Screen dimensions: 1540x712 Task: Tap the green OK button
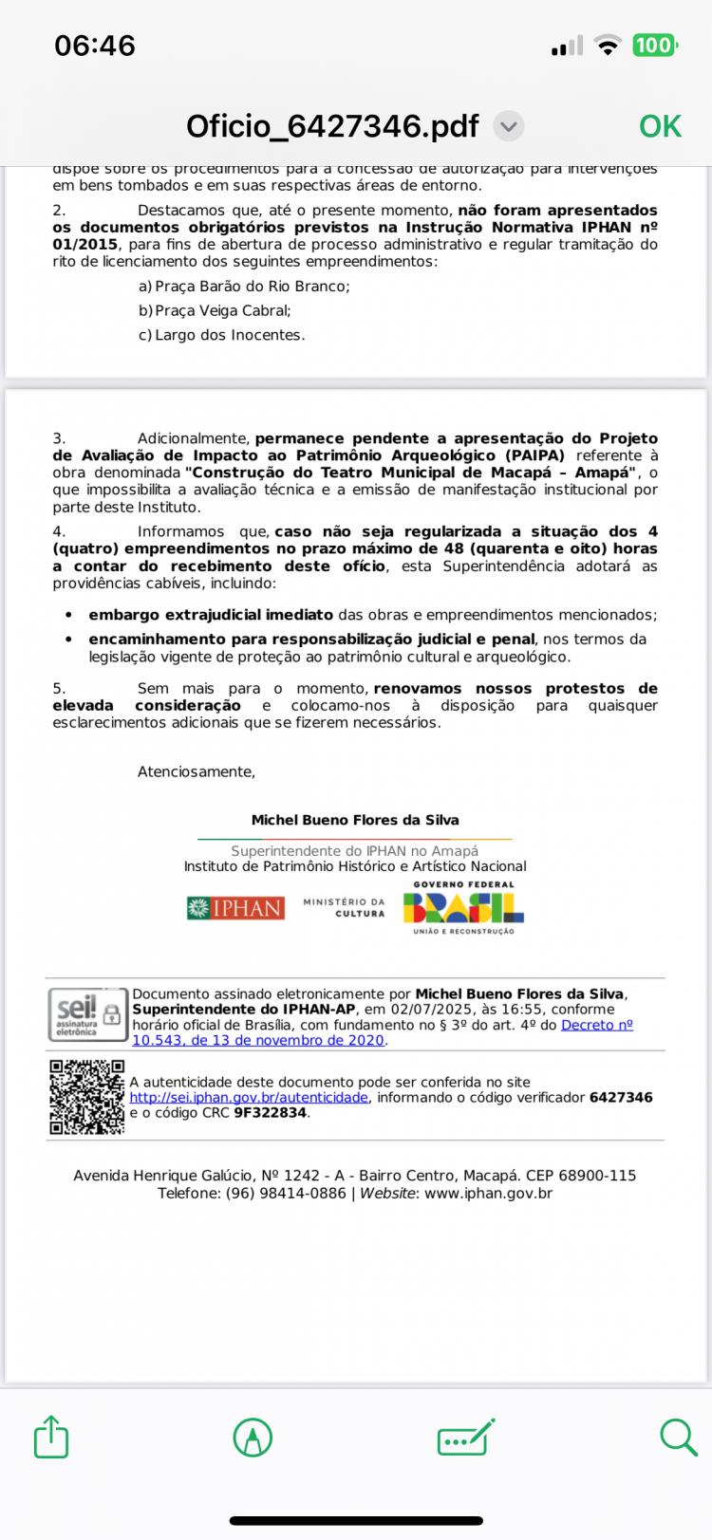(x=660, y=126)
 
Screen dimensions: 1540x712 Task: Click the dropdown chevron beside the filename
(x=510, y=126)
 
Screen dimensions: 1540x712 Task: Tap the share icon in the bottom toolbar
(x=51, y=1437)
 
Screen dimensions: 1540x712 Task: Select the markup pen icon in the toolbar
(x=253, y=1438)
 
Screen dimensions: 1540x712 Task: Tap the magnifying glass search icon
(x=678, y=1437)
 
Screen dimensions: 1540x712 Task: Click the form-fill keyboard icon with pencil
(x=465, y=1438)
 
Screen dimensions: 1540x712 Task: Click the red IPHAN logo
(x=235, y=908)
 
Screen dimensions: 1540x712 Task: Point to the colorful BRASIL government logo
(x=463, y=908)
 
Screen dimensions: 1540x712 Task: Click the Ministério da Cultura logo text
(x=344, y=908)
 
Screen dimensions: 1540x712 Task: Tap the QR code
(x=86, y=1098)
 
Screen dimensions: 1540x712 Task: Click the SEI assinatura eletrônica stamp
(x=85, y=1014)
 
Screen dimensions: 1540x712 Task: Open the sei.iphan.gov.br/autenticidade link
(x=249, y=1098)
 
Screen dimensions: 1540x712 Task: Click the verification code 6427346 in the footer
(x=621, y=1098)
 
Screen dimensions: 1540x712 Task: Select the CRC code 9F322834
(x=271, y=1113)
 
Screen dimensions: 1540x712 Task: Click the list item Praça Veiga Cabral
(x=222, y=310)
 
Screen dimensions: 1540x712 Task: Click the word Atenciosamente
(x=197, y=771)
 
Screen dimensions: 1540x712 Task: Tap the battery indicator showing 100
(x=652, y=46)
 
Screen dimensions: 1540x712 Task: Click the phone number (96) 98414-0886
(x=286, y=1193)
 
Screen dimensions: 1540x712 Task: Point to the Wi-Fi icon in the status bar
(x=606, y=46)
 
